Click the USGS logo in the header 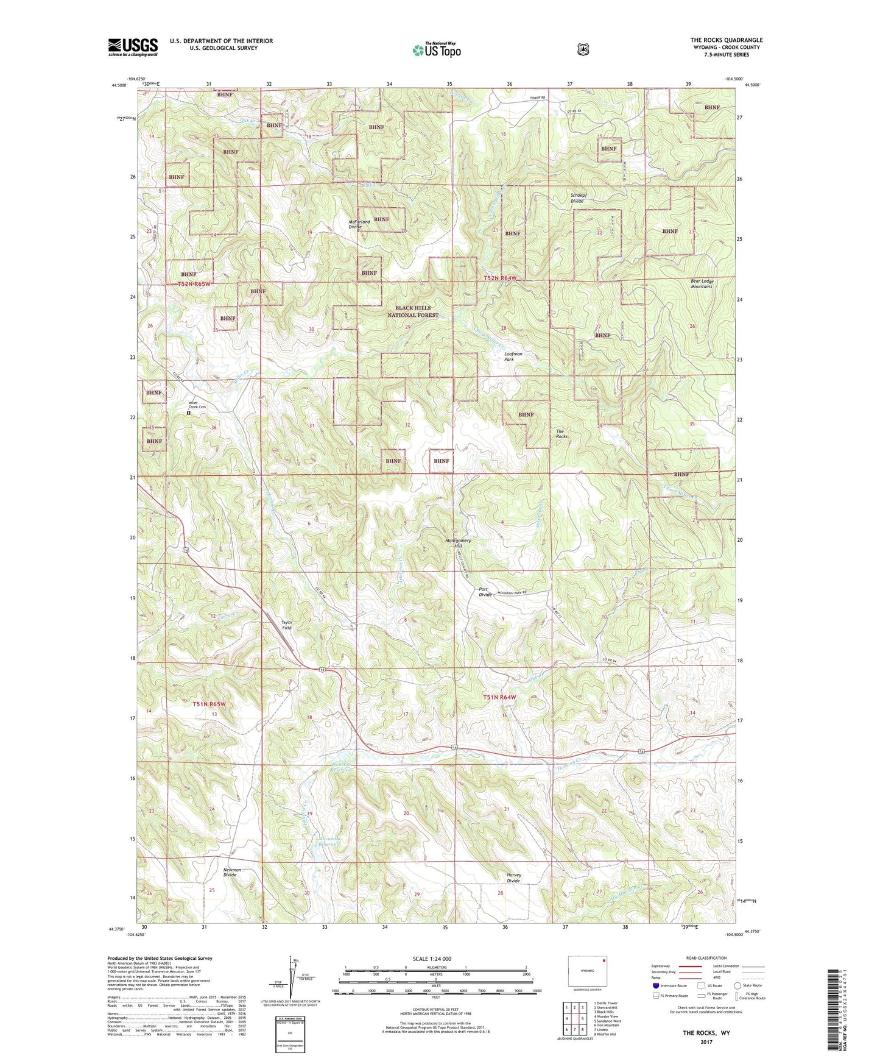coord(133,47)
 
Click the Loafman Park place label coord(513,356)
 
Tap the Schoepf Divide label coord(577,198)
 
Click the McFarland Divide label coord(359,224)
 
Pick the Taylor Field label coord(286,625)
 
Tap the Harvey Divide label coord(513,878)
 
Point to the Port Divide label coord(485,592)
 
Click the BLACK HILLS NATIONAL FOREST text coord(413,311)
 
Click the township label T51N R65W coord(209,704)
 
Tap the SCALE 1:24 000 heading coord(432,959)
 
